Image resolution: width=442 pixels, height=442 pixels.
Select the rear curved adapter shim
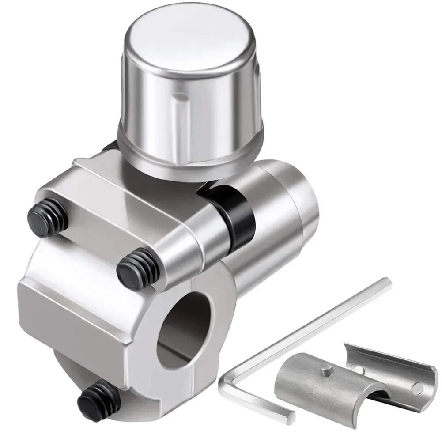point(389,366)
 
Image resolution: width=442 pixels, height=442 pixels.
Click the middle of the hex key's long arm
point(309,331)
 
